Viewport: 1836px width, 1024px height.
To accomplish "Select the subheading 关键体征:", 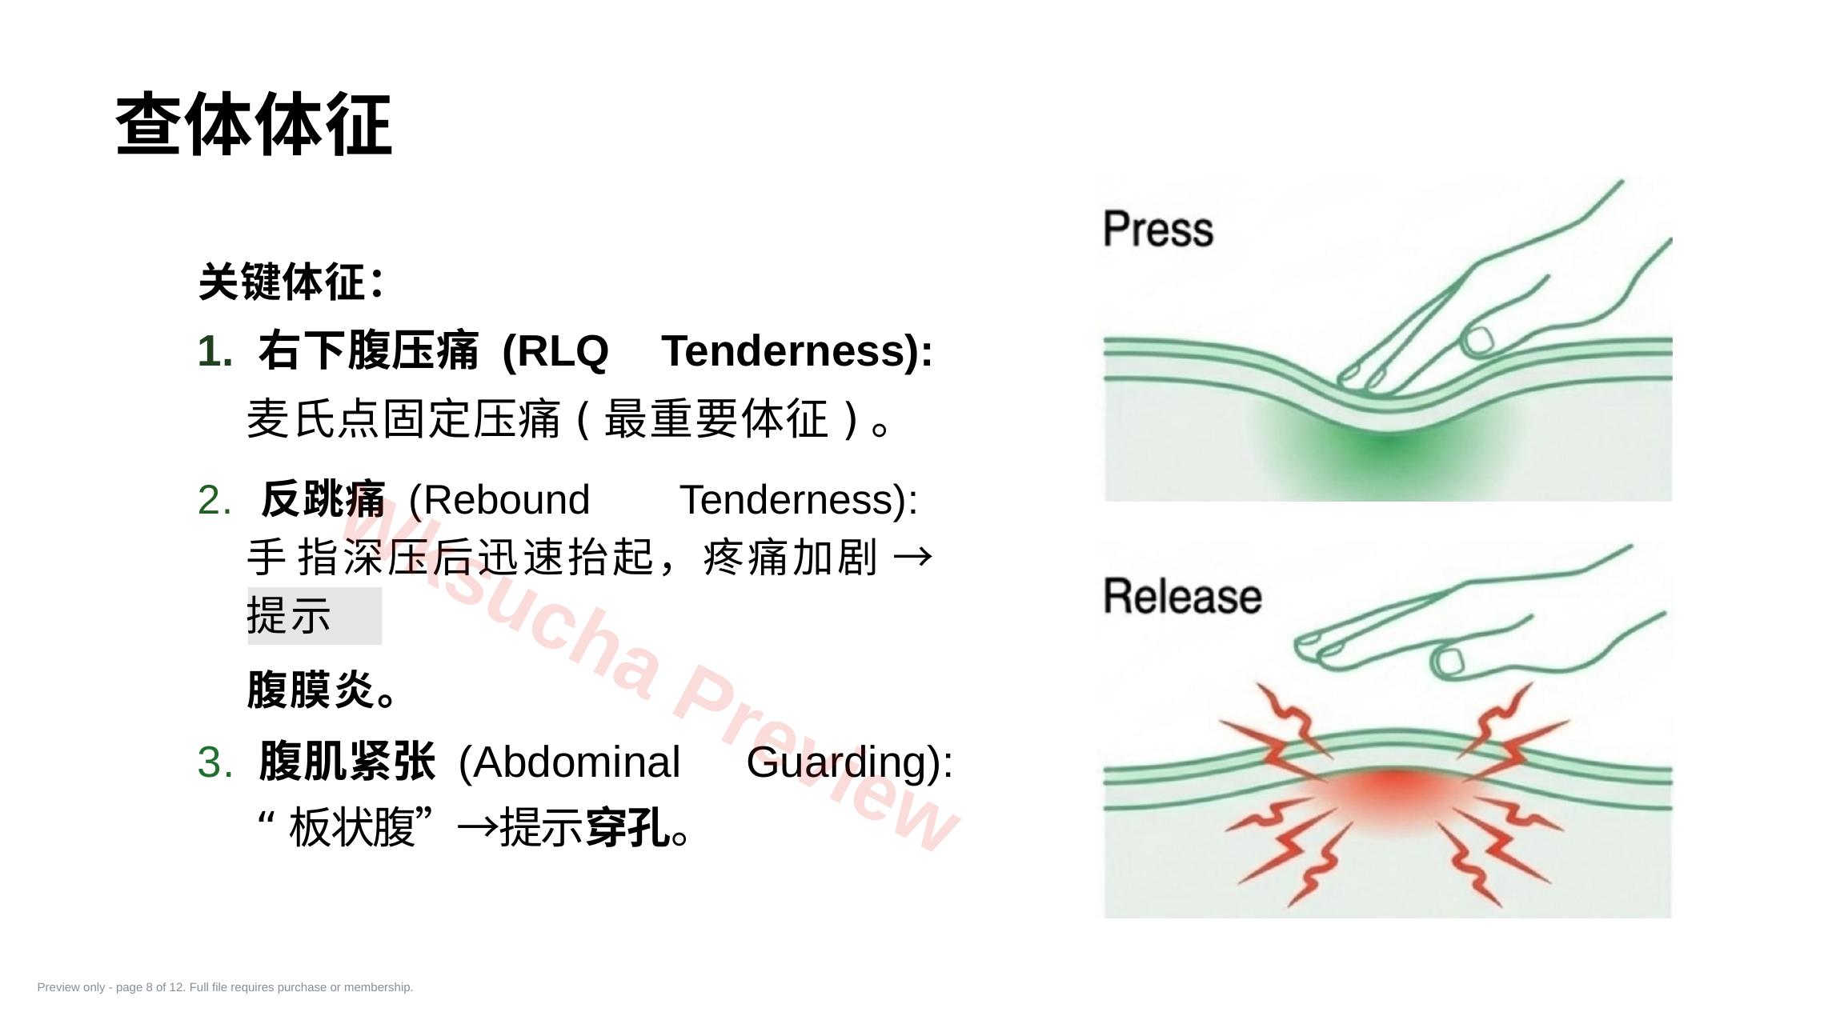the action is [x=291, y=282].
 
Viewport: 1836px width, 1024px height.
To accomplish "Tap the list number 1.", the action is [x=214, y=351].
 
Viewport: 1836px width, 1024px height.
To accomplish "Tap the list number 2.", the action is [x=214, y=500].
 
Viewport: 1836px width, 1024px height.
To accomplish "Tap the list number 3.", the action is [x=215, y=762].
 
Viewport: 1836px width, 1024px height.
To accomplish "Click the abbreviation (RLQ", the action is [x=555, y=351].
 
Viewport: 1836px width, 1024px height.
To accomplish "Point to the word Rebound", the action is [x=499, y=500].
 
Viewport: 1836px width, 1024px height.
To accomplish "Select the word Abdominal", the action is [x=569, y=762].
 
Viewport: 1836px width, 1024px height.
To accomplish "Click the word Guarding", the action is [x=837, y=763].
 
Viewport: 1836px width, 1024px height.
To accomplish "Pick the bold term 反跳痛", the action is [x=323, y=499].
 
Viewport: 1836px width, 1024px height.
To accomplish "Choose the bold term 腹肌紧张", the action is [x=347, y=761].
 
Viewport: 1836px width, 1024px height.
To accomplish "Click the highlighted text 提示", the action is [x=289, y=616].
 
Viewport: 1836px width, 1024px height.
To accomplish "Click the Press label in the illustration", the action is [x=1158, y=230].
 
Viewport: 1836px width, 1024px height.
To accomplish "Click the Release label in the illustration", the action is [x=1182, y=597].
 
